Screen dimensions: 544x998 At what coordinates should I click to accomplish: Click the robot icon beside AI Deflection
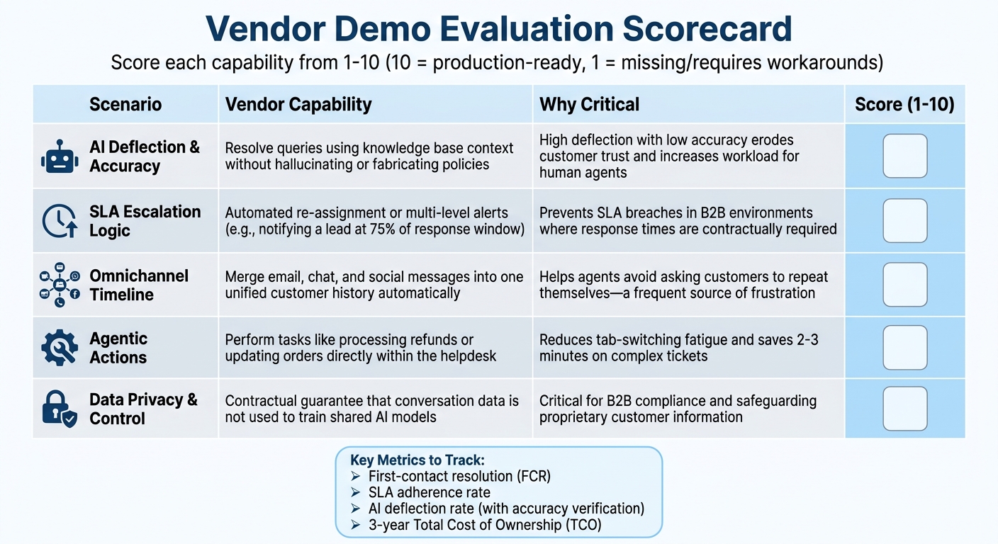point(60,157)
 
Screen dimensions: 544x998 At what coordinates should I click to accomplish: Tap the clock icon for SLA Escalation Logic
point(60,220)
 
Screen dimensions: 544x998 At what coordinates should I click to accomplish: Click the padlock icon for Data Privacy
point(60,409)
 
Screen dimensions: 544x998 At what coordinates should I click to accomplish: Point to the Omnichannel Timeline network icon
point(60,285)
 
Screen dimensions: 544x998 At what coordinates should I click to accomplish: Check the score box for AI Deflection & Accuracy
point(904,156)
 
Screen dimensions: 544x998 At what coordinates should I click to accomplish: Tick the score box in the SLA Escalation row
point(904,220)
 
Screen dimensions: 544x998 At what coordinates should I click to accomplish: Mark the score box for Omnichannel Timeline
point(904,285)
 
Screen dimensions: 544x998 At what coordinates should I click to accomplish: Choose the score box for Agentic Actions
point(904,347)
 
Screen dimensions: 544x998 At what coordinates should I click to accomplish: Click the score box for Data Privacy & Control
point(904,408)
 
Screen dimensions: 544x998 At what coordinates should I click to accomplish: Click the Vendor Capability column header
point(298,105)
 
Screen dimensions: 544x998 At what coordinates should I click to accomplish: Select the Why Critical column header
point(589,105)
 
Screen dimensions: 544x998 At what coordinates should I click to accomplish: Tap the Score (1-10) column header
point(904,105)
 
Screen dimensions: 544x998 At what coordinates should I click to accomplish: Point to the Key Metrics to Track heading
point(417,460)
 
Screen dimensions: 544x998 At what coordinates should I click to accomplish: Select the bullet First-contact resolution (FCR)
point(459,477)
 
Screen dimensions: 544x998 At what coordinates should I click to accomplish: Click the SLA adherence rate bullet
point(429,492)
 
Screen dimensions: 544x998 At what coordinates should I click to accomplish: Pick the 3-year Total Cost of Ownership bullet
point(485,525)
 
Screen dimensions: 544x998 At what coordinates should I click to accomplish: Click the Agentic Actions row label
point(118,348)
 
